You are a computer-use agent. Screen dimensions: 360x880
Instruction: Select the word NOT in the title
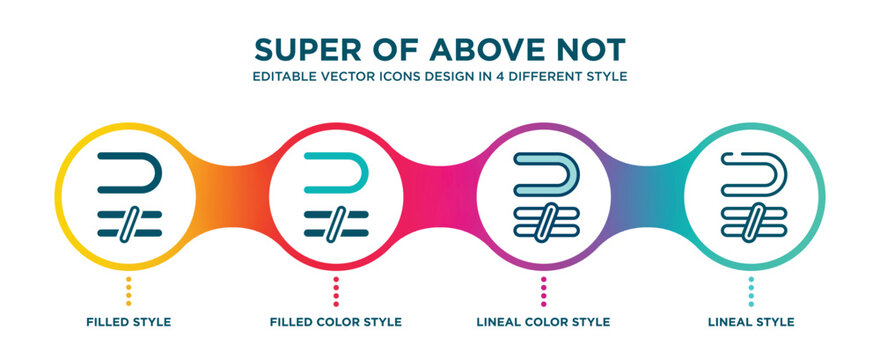click(591, 49)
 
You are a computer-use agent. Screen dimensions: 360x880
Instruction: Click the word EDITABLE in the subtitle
click(282, 76)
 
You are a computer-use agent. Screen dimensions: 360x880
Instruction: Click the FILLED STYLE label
click(128, 322)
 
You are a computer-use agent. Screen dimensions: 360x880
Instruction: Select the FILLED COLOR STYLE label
click(336, 322)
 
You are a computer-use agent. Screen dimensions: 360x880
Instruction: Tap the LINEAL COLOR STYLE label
click(543, 322)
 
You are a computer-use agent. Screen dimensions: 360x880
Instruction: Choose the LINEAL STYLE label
click(750, 322)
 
